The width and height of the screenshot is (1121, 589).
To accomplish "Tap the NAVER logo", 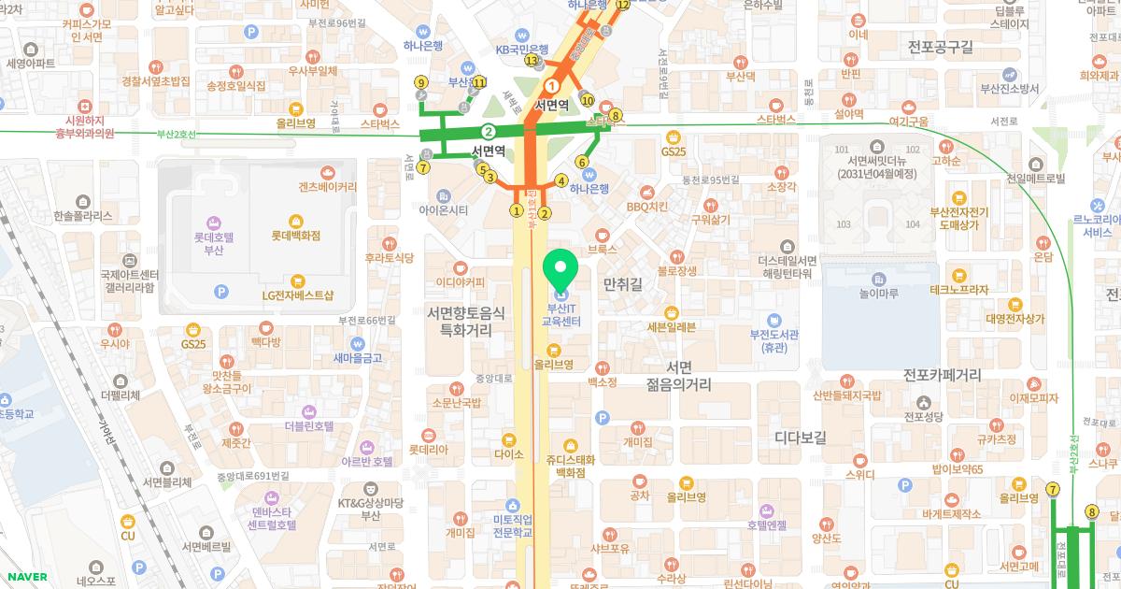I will tap(25, 577).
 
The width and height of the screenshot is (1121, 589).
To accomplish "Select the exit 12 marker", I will tap(623, 6).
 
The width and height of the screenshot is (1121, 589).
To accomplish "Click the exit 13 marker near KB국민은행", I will tap(532, 61).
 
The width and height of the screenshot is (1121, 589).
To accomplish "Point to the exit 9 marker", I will tap(421, 83).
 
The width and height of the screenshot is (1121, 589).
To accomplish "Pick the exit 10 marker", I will tap(588, 100).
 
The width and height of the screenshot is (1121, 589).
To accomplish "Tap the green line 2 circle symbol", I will tap(488, 131).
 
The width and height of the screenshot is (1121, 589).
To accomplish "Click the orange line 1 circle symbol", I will tap(551, 86).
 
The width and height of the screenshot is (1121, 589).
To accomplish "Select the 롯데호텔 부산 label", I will tap(213, 245).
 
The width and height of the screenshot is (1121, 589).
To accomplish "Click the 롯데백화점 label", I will tap(296, 237).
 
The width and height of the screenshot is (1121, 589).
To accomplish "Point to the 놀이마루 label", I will tap(879, 293).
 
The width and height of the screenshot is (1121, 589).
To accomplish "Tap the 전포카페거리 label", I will tap(942, 376).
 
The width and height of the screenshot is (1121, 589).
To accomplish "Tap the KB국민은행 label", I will tap(521, 49).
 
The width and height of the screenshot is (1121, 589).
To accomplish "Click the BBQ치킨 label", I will tap(646, 207).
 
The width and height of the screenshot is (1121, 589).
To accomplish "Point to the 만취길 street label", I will tap(623, 283).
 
